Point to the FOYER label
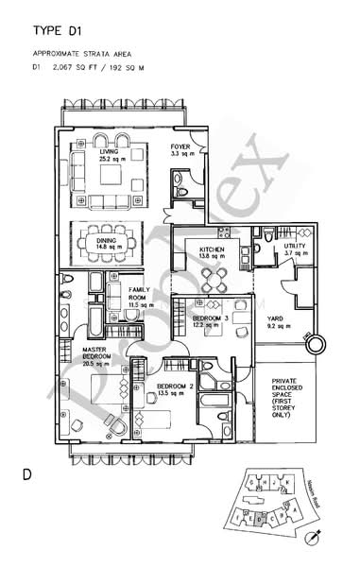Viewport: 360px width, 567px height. pyautogui.click(x=180, y=147)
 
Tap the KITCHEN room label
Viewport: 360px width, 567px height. pyautogui.click(x=212, y=249)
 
